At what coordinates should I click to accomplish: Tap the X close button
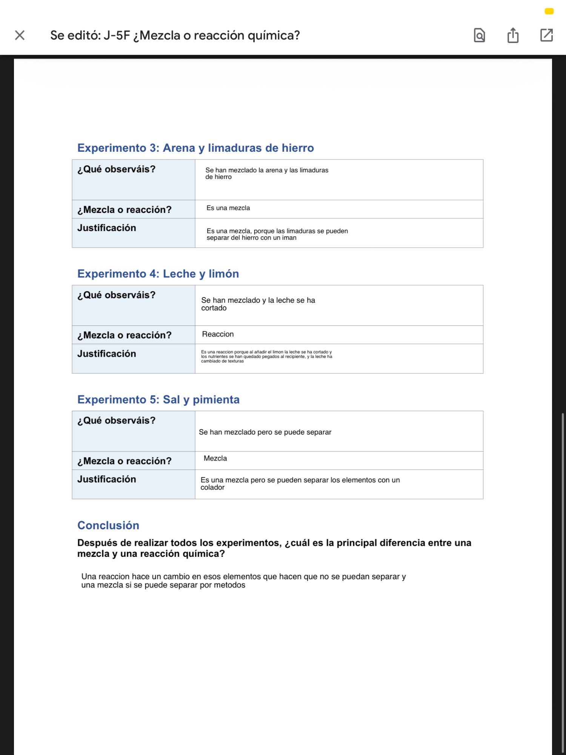[20, 35]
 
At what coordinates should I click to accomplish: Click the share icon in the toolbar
[513, 35]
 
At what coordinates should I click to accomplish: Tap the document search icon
[479, 35]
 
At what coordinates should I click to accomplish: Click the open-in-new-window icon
[546, 35]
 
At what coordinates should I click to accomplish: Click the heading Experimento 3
[195, 148]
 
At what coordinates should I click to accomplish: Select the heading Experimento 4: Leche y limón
[158, 274]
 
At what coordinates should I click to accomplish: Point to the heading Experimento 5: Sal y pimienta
[158, 399]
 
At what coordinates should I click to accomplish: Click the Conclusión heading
[108, 525]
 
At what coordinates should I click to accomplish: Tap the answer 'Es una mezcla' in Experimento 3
[228, 208]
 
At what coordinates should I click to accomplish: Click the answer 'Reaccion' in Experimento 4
[218, 334]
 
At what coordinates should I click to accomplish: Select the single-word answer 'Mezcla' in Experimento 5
[215, 458]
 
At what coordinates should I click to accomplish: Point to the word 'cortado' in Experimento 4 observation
[214, 308]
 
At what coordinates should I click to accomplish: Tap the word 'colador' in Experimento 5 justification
[212, 487]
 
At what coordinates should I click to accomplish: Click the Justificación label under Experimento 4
[106, 354]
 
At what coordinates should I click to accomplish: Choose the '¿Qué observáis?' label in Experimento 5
[116, 421]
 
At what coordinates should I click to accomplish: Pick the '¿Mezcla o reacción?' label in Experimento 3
[124, 210]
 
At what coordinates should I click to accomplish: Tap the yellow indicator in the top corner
[549, 11]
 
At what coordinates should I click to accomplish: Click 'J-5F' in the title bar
[117, 35]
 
